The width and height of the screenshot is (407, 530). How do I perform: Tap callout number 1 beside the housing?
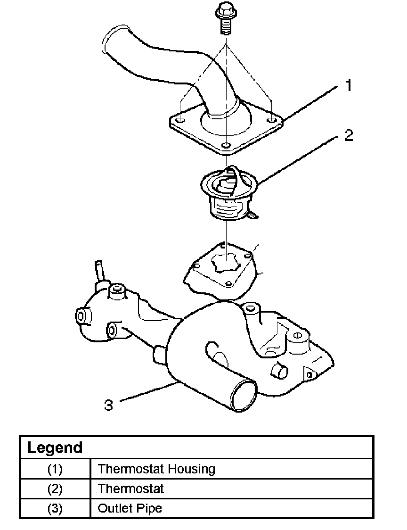pos(349,86)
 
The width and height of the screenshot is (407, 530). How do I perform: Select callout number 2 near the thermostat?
pos(348,136)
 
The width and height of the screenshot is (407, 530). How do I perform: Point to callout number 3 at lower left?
pos(109,405)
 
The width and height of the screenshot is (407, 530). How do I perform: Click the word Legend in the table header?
pos(55,447)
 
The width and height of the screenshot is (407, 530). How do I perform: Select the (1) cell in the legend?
pos(55,469)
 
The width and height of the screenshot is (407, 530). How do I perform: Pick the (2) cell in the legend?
pos(55,489)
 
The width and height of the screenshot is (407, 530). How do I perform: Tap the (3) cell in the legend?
pos(55,509)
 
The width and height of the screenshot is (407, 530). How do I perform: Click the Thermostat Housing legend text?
pos(156,469)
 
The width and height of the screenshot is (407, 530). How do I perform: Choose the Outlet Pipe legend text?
pos(130,509)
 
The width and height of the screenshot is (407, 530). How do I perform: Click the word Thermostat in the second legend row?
pos(130,489)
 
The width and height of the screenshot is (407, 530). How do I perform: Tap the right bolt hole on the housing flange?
pos(272,115)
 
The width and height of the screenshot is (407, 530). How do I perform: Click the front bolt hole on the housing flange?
pos(227,145)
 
